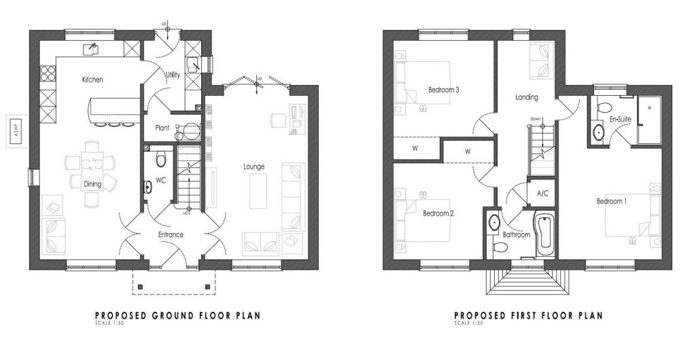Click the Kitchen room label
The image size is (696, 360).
point(92,79)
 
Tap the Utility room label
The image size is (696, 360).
point(173,75)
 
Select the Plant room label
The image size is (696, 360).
point(162,127)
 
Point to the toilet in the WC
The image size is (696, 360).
point(161,160)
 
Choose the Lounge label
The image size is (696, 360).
point(254,166)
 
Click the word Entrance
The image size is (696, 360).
point(171,234)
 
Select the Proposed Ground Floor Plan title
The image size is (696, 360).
point(177,315)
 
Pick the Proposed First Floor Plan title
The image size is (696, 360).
point(528,315)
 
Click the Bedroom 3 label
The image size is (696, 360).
point(443,89)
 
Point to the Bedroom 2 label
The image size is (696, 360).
point(438,213)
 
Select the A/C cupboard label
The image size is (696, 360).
point(542,194)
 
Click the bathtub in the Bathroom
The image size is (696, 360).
point(545,235)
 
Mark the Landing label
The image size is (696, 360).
point(527,97)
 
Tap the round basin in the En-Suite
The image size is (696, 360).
point(599,132)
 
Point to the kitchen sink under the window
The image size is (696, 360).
point(90,48)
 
